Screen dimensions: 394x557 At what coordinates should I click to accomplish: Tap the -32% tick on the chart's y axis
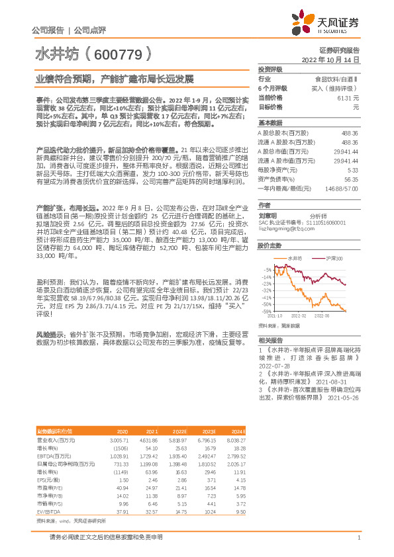[x=266, y=290]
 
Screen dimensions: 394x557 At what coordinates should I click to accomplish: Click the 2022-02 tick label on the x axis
[x=299, y=316]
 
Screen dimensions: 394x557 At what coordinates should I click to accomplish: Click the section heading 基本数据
[x=270, y=123]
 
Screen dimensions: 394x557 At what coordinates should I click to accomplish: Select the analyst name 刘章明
[x=268, y=215]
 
